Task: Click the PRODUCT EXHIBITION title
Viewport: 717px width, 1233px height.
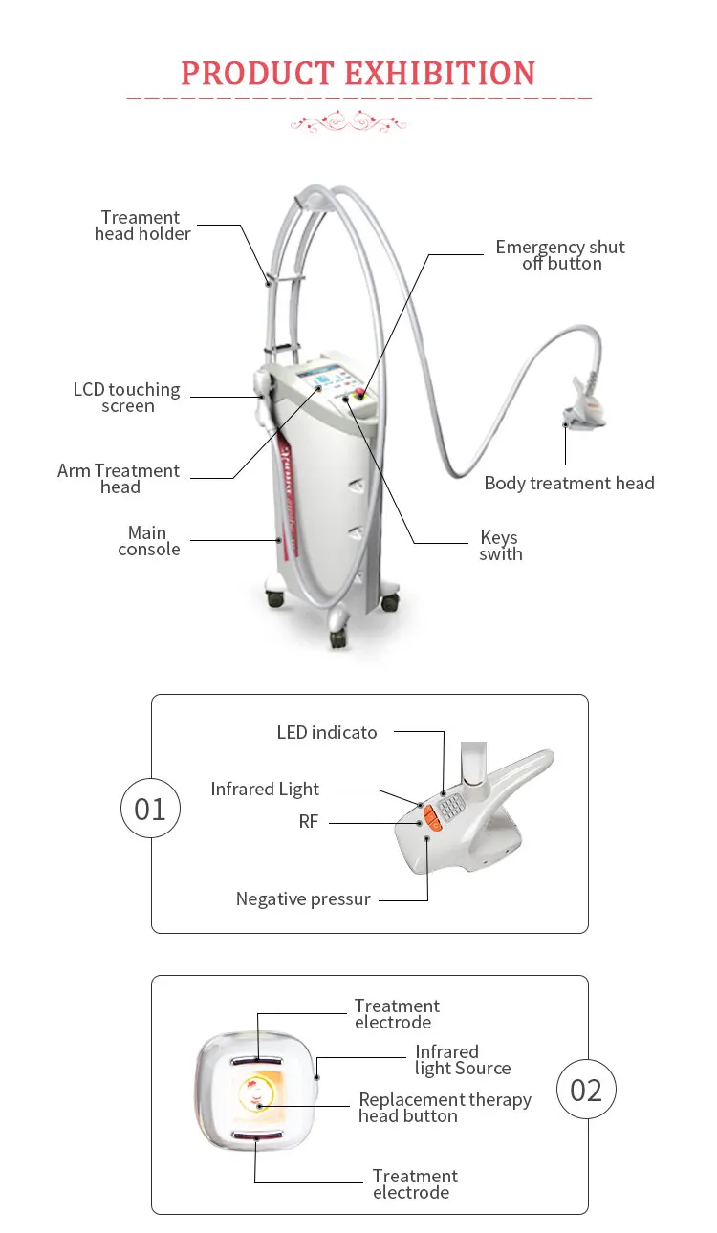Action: click(358, 74)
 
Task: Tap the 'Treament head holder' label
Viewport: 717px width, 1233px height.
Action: click(141, 226)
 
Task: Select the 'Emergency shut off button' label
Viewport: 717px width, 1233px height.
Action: click(560, 255)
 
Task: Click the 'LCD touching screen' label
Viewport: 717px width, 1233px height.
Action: click(127, 398)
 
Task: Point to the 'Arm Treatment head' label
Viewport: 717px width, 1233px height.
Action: click(119, 479)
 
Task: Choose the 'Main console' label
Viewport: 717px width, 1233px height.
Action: click(148, 541)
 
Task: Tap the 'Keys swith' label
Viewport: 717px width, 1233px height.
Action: click(500, 546)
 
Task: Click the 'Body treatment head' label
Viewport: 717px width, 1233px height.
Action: click(569, 483)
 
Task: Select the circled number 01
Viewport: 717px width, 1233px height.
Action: click(150, 810)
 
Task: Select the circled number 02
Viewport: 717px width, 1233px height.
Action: click(586, 1091)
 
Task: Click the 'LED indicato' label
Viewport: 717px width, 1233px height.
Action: click(327, 733)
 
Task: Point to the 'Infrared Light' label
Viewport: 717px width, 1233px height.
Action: click(265, 790)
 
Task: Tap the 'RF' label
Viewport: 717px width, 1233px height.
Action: click(308, 822)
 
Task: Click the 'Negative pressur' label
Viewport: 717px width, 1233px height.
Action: click(303, 899)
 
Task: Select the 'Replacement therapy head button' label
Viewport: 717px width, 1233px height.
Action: click(445, 1108)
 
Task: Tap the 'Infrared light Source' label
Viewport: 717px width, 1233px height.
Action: click(463, 1060)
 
